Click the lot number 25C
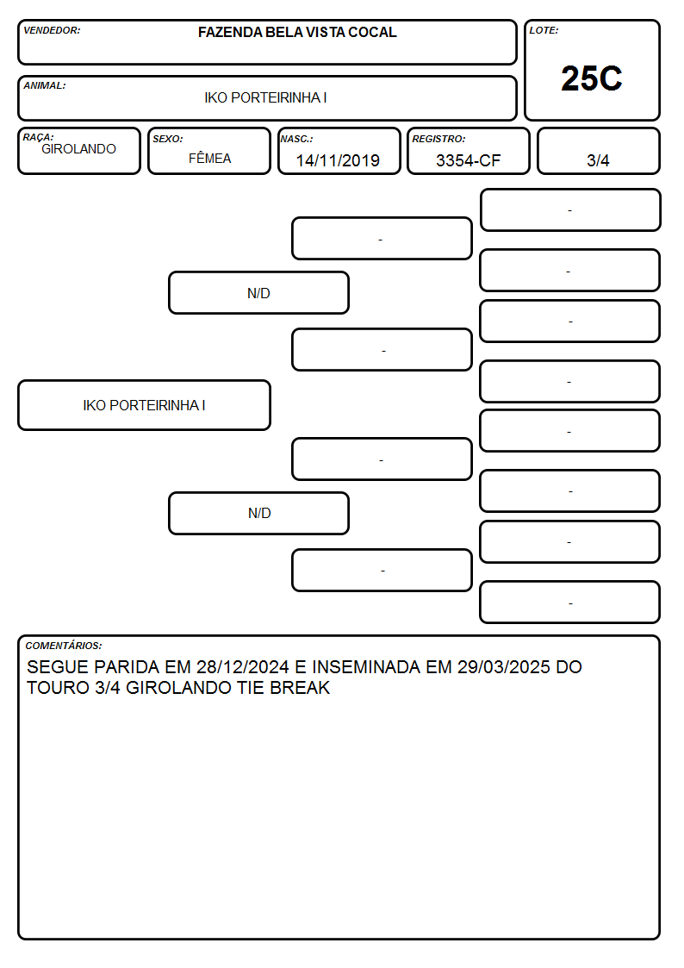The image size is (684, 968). pos(592,78)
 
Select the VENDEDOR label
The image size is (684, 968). pos(52,30)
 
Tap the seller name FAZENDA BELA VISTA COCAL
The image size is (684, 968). pos(297,32)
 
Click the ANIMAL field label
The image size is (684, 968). pos(45,85)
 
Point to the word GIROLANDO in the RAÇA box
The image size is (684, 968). pos(78,149)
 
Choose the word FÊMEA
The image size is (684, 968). pos(209,158)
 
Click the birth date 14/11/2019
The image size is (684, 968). pos(338,160)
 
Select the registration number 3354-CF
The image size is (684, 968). pos(468,160)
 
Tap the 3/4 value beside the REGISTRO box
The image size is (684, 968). pos(598,160)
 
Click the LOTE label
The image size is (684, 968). pos(544,30)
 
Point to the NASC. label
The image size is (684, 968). pos(296,139)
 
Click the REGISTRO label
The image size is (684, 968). pos(438,139)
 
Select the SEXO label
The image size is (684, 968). pos(168,139)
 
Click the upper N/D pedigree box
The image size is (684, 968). pos(258,293)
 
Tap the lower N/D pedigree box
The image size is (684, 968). pos(258,513)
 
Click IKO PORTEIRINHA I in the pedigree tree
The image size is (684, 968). pos(145,405)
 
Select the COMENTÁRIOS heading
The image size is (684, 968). pos(64,646)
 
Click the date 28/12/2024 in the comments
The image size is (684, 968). pos(242,666)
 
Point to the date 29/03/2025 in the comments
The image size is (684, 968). pos(503,666)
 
